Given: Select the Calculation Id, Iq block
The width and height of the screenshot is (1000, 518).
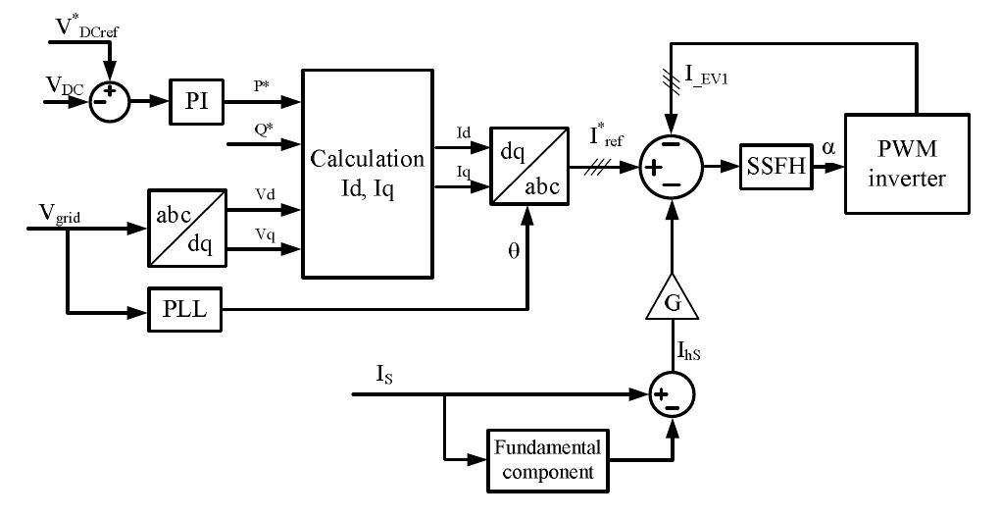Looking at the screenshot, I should [368, 173].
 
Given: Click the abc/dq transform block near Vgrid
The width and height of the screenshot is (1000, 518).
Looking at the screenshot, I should [184, 228].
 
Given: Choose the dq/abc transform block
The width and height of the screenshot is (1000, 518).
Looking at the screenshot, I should [528, 164].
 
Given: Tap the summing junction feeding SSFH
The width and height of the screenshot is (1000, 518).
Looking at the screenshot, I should [672, 167].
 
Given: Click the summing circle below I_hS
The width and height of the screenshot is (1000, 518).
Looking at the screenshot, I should [672, 394].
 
